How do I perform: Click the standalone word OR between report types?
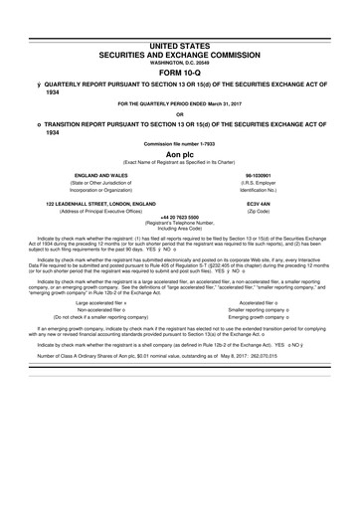(180, 117)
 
